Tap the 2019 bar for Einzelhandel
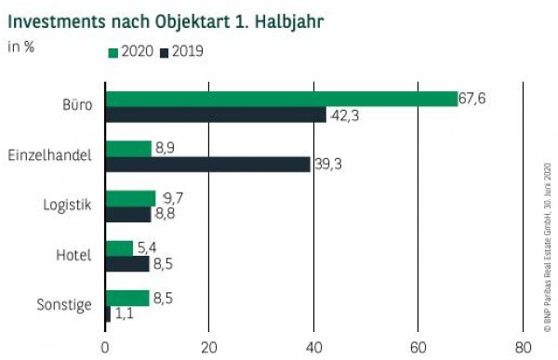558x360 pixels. click(x=207, y=165)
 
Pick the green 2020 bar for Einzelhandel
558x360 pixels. click(x=128, y=148)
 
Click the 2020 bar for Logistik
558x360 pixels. click(x=130, y=198)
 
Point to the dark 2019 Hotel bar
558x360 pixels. click(x=126, y=264)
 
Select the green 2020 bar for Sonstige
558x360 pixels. click(x=126, y=298)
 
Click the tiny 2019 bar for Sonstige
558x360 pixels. click(x=108, y=314)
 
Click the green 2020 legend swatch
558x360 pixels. click(x=113, y=52)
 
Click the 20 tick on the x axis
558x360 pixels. click(x=209, y=346)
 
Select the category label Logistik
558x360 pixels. click(x=68, y=206)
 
